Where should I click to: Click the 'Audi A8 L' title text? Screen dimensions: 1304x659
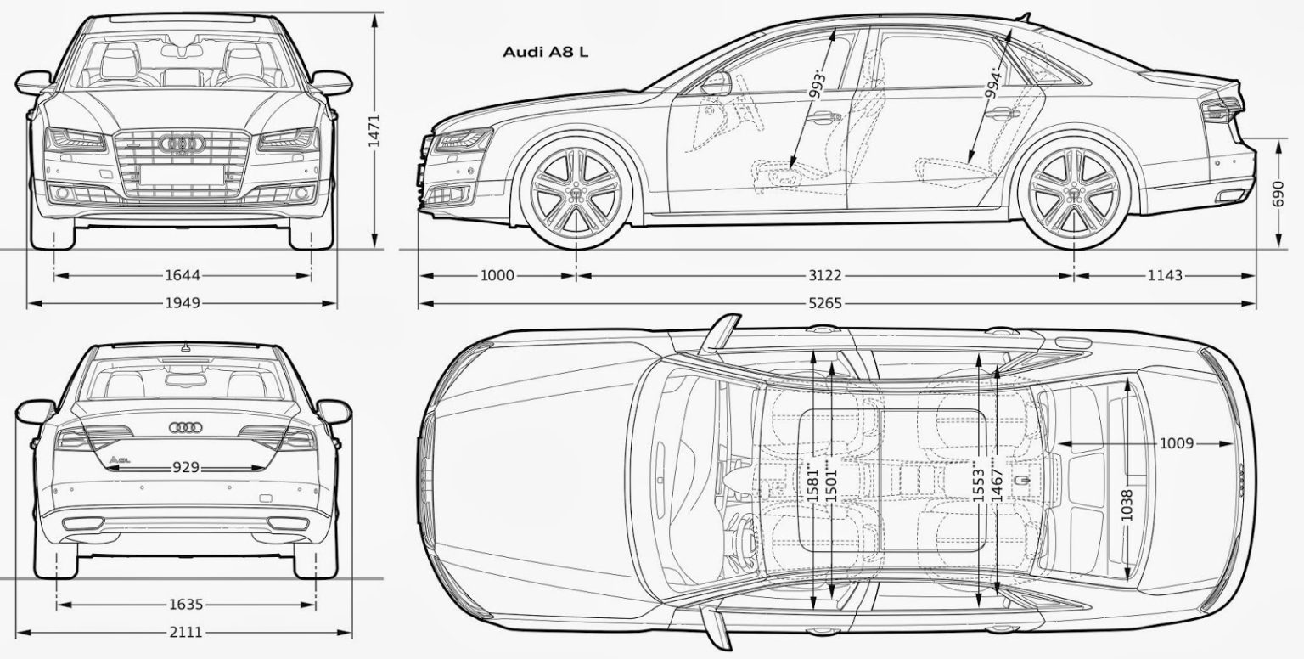pos(546,52)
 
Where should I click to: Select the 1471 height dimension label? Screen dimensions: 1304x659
pos(374,130)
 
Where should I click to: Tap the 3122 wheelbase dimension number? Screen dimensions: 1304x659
pos(825,275)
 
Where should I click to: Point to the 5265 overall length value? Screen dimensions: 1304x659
pos(825,303)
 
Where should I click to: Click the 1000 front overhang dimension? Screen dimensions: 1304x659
pos(497,275)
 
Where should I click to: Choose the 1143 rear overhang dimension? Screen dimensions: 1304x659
pos(1165,275)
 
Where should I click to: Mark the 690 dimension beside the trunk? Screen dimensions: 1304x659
pos(1279,194)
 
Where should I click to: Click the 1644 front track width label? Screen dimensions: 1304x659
pos(183,275)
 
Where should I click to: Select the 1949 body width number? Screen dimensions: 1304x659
pos(183,303)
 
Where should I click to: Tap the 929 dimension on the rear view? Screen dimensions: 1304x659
pos(186,467)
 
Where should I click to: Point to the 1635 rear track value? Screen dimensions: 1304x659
pos(186,605)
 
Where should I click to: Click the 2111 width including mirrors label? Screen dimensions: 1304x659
pos(185,633)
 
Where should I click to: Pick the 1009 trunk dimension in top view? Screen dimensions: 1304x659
pos(1177,444)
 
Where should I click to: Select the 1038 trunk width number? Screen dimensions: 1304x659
pos(1127,505)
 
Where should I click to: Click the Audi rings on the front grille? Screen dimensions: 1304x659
pos(183,144)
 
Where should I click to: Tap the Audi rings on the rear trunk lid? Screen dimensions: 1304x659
pos(186,428)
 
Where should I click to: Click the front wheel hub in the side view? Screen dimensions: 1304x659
pos(576,193)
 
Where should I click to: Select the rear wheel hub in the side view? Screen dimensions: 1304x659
pos(1073,193)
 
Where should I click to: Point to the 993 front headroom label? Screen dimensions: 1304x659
pos(818,85)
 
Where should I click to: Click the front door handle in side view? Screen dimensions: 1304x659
pos(823,117)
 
